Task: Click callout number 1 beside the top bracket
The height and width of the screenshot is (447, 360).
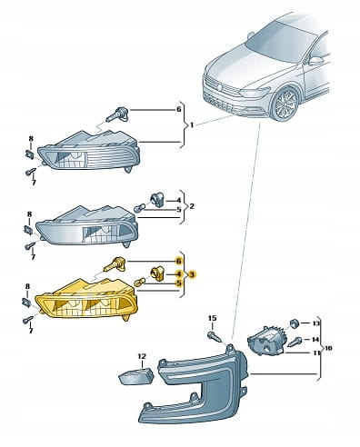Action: pos(191,124)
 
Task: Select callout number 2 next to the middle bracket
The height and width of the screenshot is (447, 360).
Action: pos(192,206)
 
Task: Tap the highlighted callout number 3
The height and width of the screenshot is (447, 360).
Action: pos(192,274)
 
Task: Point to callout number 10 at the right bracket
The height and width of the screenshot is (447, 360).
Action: pos(328,348)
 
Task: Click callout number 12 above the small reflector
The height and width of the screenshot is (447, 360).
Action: pos(142,356)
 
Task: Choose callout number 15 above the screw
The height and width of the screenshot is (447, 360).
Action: pos(213,318)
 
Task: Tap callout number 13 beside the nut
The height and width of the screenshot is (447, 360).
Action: pos(315,323)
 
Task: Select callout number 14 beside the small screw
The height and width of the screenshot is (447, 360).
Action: pos(315,340)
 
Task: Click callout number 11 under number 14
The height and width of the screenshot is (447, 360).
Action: pos(316,353)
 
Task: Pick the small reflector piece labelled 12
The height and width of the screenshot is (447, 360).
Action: pos(136,375)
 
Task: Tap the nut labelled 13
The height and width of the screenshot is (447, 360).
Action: pos(294,323)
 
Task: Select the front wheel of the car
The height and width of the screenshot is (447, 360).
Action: pos(285,104)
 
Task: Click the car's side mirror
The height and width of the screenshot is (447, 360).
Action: pos(316,61)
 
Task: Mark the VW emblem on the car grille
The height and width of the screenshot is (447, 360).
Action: pos(220,87)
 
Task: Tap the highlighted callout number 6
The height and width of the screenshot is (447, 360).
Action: pos(179,261)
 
